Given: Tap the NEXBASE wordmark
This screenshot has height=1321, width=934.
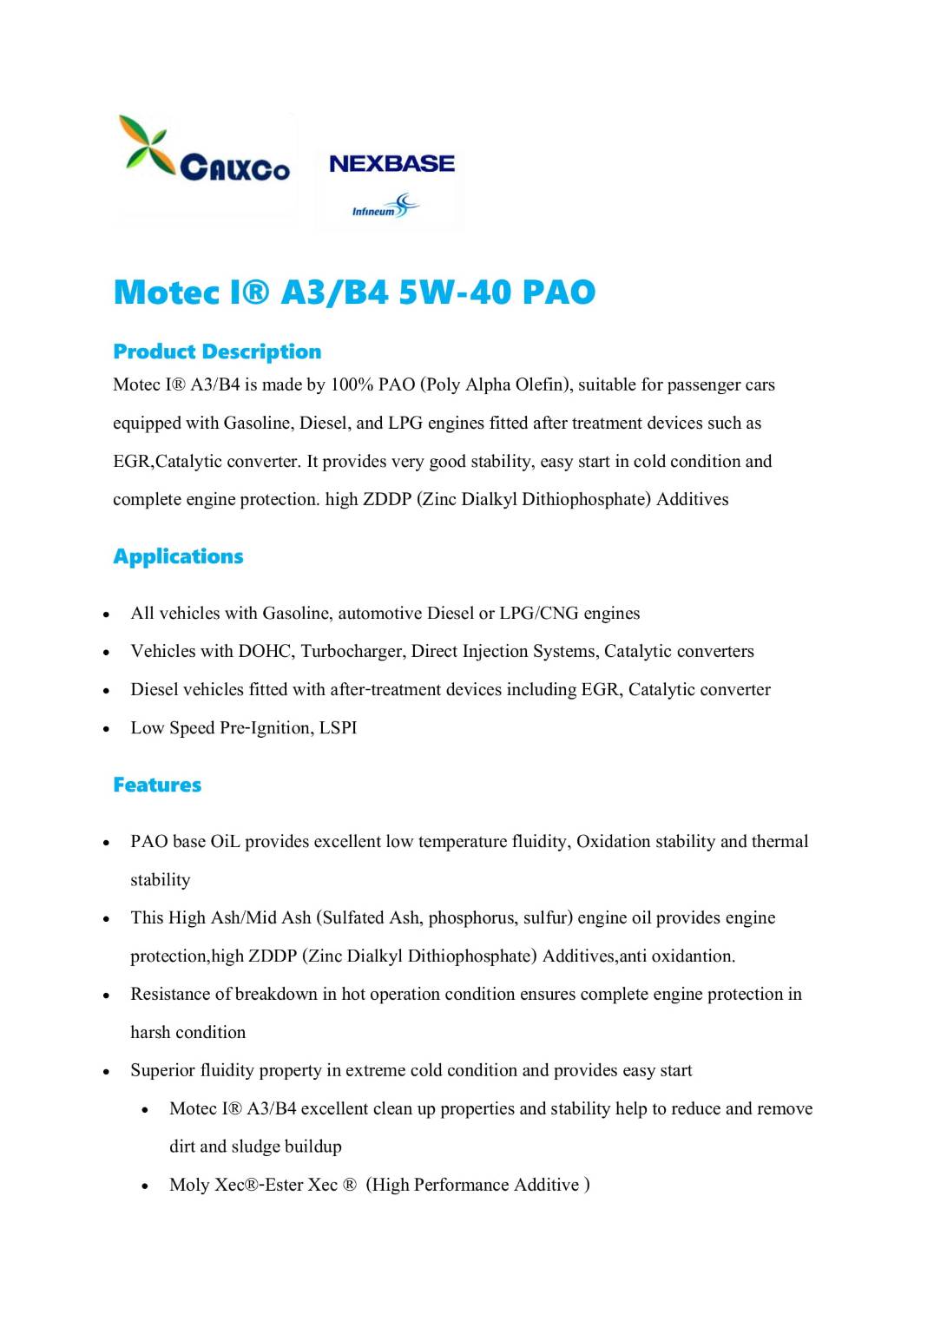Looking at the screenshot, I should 391,163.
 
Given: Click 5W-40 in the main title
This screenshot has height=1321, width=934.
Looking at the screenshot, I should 455,292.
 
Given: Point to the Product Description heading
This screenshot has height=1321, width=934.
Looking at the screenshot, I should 217,352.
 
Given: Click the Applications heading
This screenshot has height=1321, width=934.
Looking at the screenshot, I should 178,556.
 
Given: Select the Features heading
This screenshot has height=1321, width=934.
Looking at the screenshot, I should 157,785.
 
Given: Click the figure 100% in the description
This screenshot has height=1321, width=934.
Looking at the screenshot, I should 352,384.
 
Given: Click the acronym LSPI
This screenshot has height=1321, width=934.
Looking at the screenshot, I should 338,727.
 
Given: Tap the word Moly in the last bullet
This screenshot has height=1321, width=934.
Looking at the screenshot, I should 189,1185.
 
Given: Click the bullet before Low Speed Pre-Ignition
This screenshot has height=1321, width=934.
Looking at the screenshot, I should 106,729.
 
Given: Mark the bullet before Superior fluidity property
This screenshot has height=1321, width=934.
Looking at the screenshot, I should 106,1072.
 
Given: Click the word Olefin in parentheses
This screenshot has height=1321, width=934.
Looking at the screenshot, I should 541,384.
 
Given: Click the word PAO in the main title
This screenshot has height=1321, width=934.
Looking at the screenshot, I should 558,292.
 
